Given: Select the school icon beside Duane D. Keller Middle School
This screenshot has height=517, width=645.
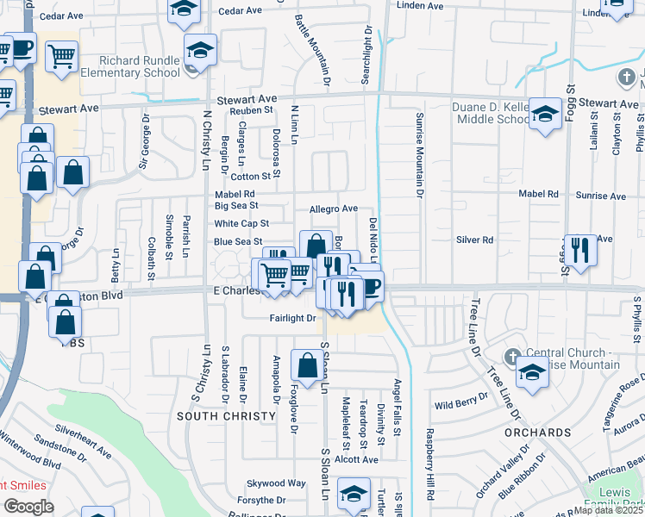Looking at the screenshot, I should (x=545, y=115).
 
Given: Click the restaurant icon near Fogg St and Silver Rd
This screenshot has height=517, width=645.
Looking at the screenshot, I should (x=580, y=250).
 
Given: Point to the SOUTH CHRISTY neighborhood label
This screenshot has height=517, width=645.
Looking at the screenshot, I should (x=215, y=416).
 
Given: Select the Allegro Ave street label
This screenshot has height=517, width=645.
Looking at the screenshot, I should (x=333, y=209).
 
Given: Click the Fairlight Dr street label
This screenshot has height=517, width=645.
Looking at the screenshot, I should (x=288, y=318).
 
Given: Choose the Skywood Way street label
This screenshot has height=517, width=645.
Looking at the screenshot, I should (x=276, y=483).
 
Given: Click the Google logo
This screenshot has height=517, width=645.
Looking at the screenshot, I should (x=28, y=507).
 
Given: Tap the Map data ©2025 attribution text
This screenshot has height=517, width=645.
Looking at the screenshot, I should (x=609, y=510).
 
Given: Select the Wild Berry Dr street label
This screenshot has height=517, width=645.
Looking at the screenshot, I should (x=461, y=404).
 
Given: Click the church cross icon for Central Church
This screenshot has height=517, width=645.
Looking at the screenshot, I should (x=511, y=356).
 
